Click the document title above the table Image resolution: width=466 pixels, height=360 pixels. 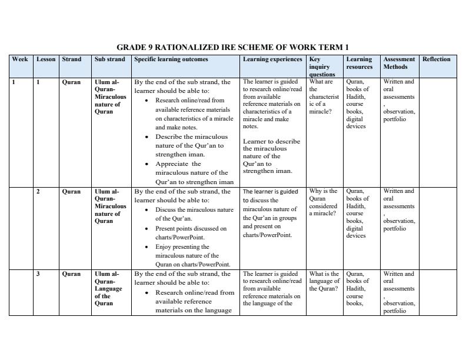click(x=232, y=47)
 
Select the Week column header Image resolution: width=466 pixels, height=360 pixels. click(x=20, y=59)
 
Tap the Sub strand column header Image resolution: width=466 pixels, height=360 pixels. click(x=109, y=59)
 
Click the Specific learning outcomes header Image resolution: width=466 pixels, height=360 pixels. click(x=171, y=59)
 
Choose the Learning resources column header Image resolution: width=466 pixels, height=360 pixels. click(x=359, y=63)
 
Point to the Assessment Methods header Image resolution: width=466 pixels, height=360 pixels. click(x=399, y=63)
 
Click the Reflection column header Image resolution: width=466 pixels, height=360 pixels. click(x=436, y=59)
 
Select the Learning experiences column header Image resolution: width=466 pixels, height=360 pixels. click(x=272, y=59)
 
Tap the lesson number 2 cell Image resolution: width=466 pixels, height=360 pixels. click(x=39, y=192)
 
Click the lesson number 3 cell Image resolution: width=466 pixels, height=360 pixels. click(x=39, y=274)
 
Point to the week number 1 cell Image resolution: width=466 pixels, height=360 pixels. click(x=14, y=82)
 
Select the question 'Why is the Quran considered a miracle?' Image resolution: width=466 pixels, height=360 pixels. click(x=324, y=202)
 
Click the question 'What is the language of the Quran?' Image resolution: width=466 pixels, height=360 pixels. click(x=324, y=281)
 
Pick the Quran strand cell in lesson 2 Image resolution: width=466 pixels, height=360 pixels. click(x=71, y=192)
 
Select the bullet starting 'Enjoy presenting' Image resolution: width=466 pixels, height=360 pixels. click(x=192, y=256)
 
